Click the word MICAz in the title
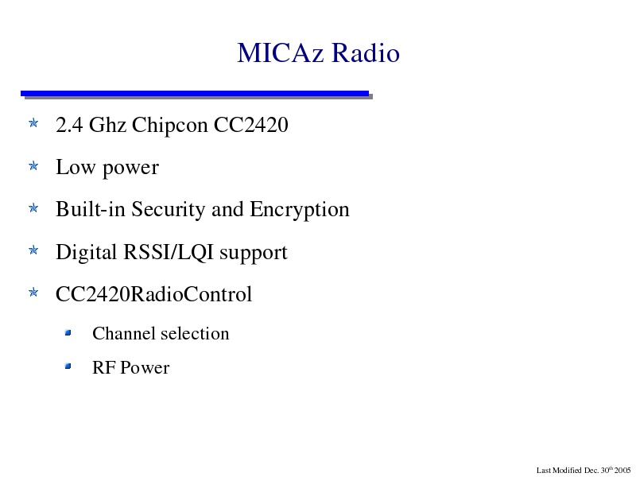click(x=281, y=52)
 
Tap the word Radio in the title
click(x=366, y=52)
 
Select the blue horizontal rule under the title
click(x=195, y=93)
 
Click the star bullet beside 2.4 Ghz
click(x=33, y=123)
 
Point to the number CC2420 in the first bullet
click(x=251, y=125)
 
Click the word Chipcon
click(x=170, y=126)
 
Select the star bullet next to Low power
click(x=33, y=165)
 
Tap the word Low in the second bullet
click(x=76, y=167)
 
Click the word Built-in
click(x=91, y=209)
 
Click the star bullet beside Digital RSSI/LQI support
click(x=33, y=250)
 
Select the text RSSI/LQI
click(x=169, y=252)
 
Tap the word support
click(x=254, y=254)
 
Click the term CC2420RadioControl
click(x=153, y=294)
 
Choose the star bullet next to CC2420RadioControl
click(x=33, y=293)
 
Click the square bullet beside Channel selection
click(x=68, y=333)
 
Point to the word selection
click(x=196, y=333)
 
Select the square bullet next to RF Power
click(x=68, y=366)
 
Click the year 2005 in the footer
click(x=622, y=471)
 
